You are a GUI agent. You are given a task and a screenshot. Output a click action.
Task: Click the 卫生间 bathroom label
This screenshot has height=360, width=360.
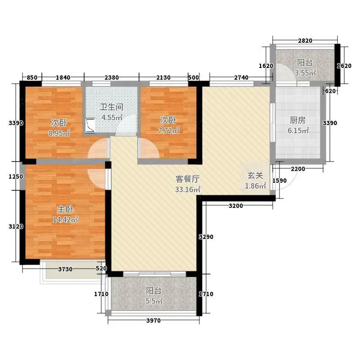[112, 107]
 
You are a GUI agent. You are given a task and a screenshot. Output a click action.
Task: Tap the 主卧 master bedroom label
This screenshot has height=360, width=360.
[65, 209]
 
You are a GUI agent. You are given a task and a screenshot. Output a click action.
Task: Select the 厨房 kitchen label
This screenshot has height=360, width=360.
[298, 120]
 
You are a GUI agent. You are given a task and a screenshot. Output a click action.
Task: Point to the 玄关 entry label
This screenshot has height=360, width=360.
[255, 175]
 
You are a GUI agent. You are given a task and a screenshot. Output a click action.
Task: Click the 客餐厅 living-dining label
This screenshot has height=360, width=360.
[188, 179]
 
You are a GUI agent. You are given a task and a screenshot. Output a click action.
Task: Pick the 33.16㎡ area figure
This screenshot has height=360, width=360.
[188, 189]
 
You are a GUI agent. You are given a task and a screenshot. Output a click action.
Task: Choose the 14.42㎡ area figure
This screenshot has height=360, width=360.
[65, 220]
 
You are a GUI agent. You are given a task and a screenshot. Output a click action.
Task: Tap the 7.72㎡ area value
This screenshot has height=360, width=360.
[168, 130]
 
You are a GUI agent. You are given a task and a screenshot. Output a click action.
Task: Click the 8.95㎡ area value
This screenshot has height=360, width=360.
[59, 133]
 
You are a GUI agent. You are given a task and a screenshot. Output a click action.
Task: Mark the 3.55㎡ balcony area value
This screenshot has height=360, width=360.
[306, 73]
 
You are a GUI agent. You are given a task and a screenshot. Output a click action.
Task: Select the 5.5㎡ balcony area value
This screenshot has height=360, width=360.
[154, 301]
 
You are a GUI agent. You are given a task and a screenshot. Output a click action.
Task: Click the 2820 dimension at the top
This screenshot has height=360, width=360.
[305, 40]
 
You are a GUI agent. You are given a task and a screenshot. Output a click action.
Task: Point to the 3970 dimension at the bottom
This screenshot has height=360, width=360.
[153, 320]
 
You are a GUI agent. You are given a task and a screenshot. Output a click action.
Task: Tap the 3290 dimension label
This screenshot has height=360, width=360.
[206, 237]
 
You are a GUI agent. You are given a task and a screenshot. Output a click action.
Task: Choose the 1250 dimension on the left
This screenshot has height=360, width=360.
[16, 176]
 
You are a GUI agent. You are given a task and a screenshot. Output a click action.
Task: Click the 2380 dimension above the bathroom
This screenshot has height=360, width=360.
[112, 77]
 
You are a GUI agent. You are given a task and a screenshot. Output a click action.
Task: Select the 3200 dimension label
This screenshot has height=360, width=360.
[236, 206]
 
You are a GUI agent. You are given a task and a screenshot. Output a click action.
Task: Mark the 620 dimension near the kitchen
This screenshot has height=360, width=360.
[330, 91]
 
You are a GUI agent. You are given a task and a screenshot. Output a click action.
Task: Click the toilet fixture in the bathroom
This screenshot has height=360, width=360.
[90, 126]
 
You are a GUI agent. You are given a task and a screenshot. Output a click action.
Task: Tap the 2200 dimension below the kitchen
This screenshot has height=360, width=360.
[298, 169]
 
